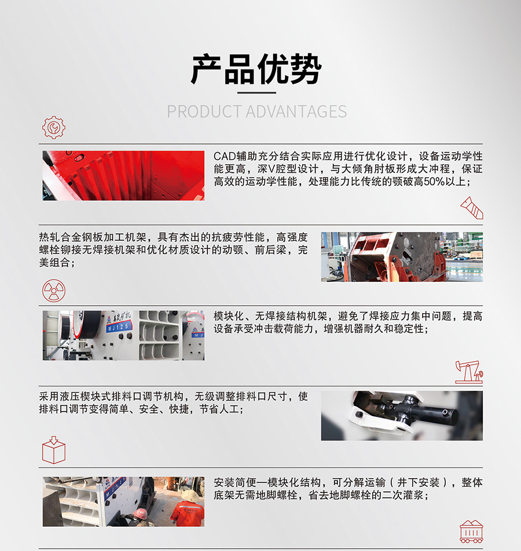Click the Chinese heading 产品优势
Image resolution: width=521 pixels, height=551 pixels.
tap(256, 69)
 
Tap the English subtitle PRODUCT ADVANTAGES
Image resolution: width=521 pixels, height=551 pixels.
tap(256, 112)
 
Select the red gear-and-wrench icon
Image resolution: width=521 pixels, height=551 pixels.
tap(54, 127)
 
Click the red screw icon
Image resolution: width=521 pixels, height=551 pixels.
tap(472, 208)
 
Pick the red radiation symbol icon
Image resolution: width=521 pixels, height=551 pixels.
tap(54, 291)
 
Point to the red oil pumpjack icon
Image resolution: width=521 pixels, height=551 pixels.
tap(469, 372)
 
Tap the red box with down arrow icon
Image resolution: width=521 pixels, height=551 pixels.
tap(54, 450)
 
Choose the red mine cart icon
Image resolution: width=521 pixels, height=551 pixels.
tap(471, 531)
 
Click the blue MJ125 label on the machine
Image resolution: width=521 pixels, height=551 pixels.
tap(119, 328)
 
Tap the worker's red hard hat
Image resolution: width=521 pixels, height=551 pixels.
tap(140, 513)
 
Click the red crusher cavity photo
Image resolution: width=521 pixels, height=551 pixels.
tap(123, 176)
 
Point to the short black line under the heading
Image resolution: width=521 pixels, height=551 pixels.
tap(256, 93)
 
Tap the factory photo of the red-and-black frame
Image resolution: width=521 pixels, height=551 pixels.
tap(402, 256)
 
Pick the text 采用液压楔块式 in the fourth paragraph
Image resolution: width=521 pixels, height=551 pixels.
tap(75, 396)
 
